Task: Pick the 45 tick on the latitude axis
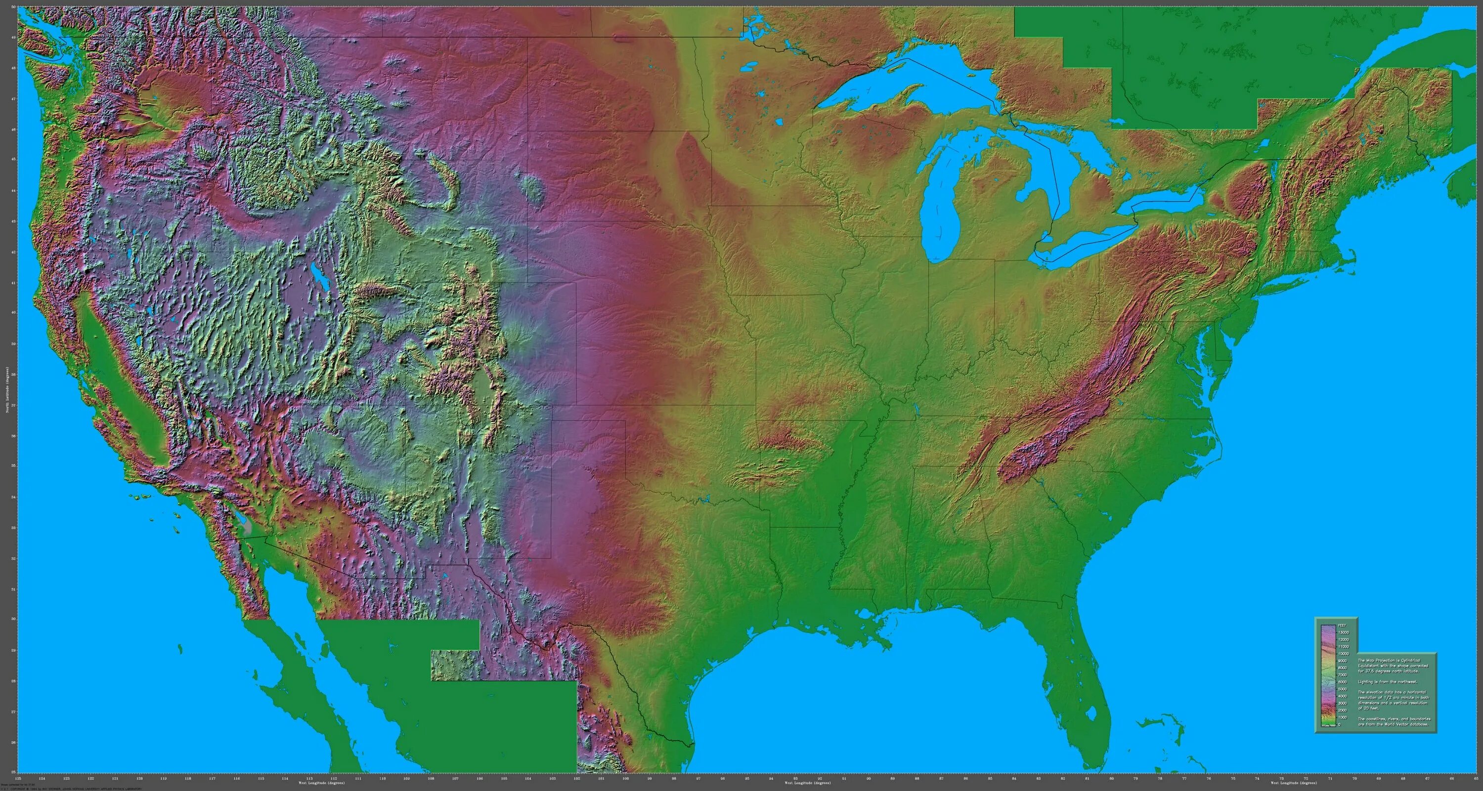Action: tap(13, 160)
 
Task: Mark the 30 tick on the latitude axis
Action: tap(13, 619)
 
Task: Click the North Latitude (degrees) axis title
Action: tap(7, 391)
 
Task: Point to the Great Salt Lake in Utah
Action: tap(317, 276)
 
